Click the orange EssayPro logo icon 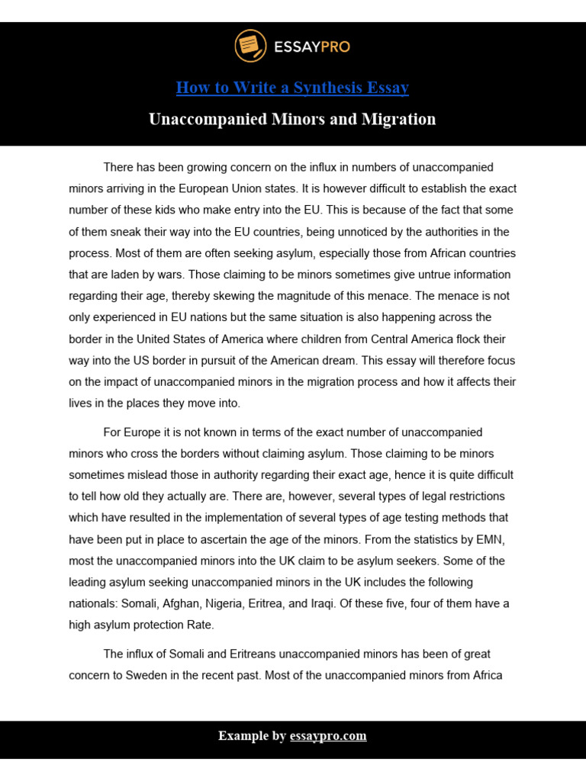tap(247, 46)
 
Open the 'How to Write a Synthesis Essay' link tap(292, 88)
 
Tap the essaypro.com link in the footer tap(328, 736)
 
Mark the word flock tap(465, 339)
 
